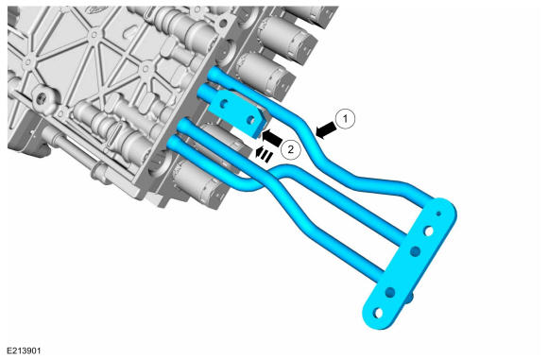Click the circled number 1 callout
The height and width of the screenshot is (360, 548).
[345, 119]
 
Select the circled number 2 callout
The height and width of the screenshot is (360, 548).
[290, 149]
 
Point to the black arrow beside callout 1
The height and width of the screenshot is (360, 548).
[326, 131]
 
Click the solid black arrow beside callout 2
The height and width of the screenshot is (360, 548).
[272, 137]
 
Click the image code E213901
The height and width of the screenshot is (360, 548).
[25, 351]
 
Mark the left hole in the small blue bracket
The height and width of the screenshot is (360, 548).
[224, 103]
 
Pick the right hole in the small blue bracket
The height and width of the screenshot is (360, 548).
[249, 120]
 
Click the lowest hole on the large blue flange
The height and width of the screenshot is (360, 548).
[377, 313]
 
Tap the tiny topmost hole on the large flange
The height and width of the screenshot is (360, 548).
[439, 214]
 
